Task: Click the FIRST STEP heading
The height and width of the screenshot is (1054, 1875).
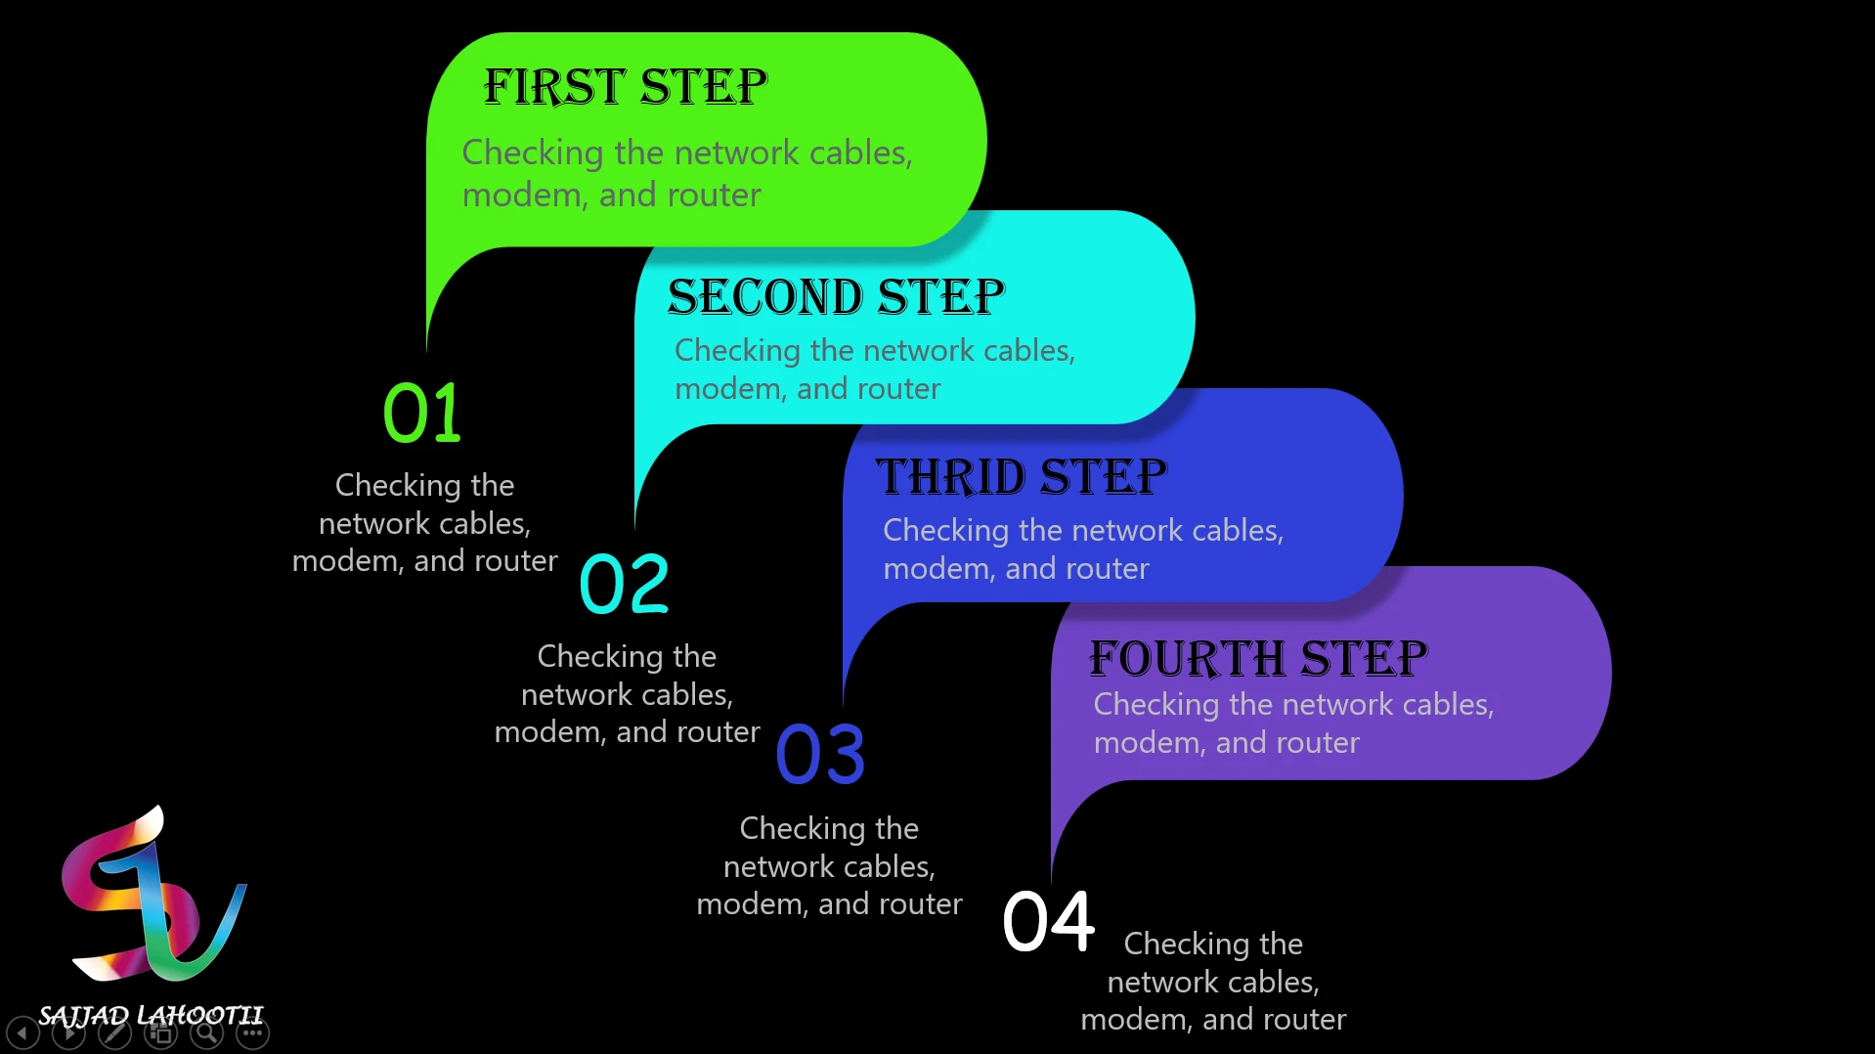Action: point(626,86)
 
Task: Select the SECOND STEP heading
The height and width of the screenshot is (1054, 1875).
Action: point(836,296)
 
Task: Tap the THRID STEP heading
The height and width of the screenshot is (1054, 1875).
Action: point(1022,477)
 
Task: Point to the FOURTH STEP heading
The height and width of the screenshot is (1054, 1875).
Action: point(1258,658)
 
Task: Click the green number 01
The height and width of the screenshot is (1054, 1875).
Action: point(421,413)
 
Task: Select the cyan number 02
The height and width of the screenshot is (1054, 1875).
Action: point(625,584)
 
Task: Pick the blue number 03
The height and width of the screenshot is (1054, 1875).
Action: point(820,754)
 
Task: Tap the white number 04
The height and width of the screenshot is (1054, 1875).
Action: point(1049,921)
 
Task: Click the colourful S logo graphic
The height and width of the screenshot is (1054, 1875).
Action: point(153,895)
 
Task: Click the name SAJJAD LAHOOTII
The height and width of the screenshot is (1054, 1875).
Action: point(152,1016)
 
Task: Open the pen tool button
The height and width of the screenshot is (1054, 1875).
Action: point(114,1032)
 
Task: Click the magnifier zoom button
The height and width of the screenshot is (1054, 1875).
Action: point(206,1032)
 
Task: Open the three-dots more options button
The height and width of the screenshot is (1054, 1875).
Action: point(252,1032)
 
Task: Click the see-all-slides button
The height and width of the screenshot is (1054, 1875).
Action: point(160,1032)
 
